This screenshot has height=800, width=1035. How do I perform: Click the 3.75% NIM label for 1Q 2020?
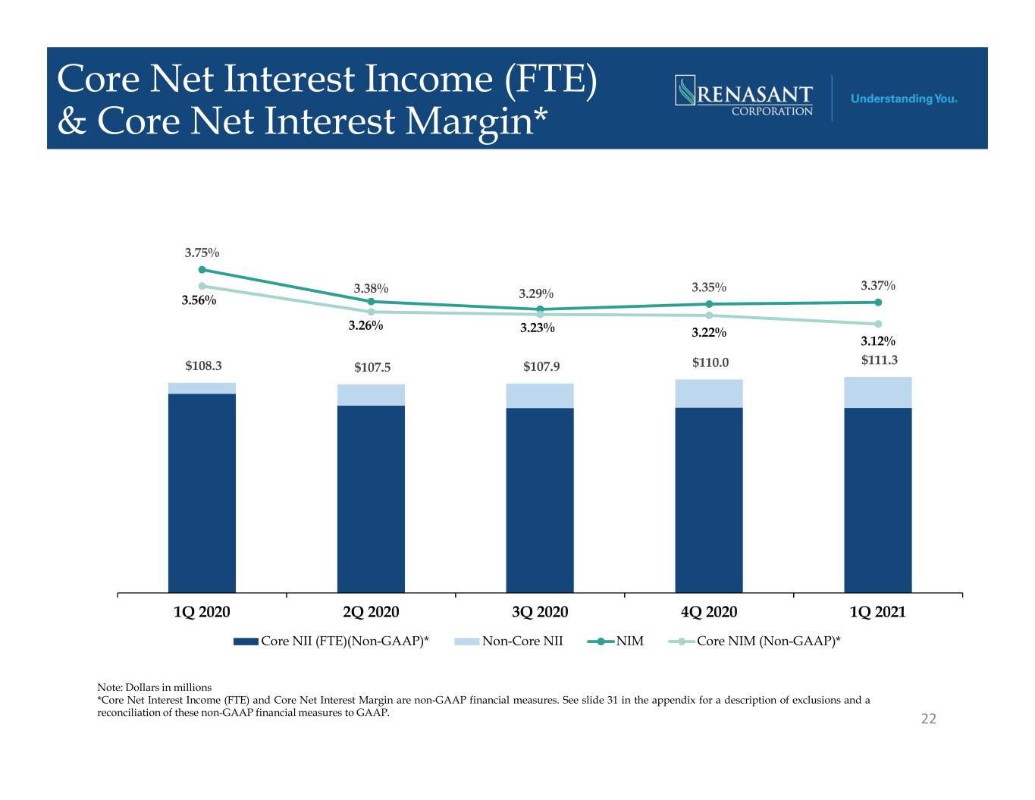tap(202, 253)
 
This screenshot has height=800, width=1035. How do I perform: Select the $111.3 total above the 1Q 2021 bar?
tap(879, 359)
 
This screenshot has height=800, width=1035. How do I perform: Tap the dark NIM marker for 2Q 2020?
tap(371, 302)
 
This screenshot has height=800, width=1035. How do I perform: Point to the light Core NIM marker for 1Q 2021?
tap(878, 324)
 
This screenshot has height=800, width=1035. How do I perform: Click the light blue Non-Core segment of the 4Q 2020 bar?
tap(709, 394)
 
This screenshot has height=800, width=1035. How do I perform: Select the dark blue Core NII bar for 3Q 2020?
tap(540, 500)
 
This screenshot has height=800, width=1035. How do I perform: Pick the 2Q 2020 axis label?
tap(371, 611)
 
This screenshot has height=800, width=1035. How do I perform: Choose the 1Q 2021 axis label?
tap(877, 611)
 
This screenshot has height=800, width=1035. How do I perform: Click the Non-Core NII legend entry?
tap(508, 641)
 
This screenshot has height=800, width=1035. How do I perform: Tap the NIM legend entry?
tap(615, 641)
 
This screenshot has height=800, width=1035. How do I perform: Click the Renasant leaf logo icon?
tap(685, 90)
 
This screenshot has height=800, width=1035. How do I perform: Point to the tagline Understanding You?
tap(904, 99)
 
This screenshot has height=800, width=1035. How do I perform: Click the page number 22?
tap(928, 719)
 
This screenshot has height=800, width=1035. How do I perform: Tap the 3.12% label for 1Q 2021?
tap(877, 341)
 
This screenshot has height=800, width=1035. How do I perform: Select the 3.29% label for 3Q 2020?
tap(536, 293)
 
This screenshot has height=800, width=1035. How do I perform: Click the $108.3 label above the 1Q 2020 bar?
tap(203, 365)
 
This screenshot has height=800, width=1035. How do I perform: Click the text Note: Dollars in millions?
tap(155, 687)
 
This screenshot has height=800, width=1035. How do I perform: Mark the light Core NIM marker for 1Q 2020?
tap(202, 286)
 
